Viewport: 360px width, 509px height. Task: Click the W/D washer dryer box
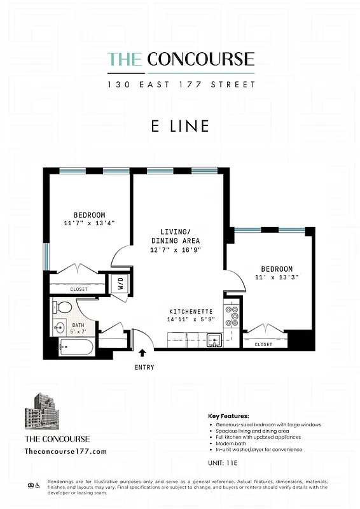click(120, 283)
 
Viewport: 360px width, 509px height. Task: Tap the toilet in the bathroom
click(64, 308)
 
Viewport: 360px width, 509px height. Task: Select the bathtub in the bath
click(75, 348)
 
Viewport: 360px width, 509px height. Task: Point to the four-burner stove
click(232, 316)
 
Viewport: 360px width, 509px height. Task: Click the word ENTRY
click(144, 367)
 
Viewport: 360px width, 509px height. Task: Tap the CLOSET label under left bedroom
click(79, 289)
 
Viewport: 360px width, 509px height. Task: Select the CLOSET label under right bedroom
click(263, 344)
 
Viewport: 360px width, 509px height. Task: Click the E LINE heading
click(180, 126)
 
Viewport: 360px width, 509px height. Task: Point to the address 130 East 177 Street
click(181, 84)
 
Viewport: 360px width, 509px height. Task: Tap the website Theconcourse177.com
click(66, 450)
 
